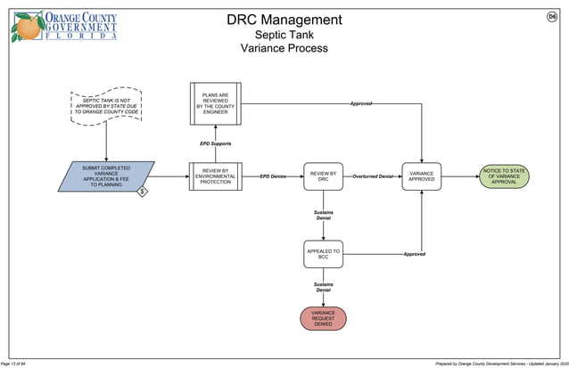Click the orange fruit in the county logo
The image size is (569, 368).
tap(27, 28)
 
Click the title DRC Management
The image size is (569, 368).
tap(284, 20)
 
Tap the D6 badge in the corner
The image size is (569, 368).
tap(552, 18)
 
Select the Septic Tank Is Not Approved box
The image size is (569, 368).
tap(106, 106)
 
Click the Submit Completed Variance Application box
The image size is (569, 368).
tap(106, 176)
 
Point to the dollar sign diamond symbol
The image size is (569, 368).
tap(142, 192)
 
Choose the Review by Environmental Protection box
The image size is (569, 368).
tap(215, 176)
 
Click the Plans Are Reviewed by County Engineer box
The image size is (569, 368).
tap(215, 103)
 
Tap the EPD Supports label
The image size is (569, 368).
tap(215, 143)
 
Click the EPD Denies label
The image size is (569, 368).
tap(273, 176)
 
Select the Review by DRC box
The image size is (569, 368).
tap(323, 176)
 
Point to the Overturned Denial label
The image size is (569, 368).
tap(373, 176)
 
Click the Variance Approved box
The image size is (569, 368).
tap(421, 176)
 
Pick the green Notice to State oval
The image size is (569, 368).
tap(504, 176)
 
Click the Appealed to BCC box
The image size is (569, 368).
tap(323, 254)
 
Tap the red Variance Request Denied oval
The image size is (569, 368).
tap(323, 318)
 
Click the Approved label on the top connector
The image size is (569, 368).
tap(360, 104)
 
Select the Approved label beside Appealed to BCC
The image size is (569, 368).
tap(414, 254)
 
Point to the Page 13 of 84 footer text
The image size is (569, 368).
tap(20, 364)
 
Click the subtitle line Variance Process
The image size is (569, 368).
tap(284, 48)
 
